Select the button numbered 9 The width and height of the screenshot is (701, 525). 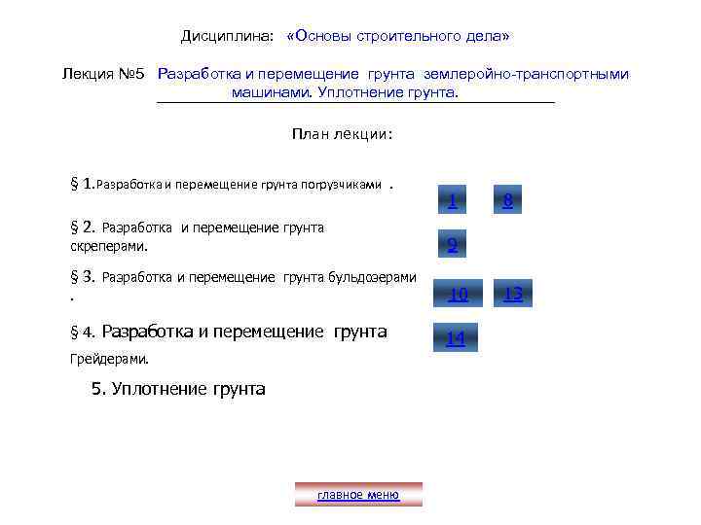tap(453, 246)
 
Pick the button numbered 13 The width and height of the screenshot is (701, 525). tap(513, 294)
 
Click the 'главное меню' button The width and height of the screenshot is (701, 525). tap(358, 495)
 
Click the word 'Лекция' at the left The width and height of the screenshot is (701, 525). tap(86, 74)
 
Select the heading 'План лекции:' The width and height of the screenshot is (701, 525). tap(342, 134)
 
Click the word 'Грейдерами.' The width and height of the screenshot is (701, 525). tap(110, 359)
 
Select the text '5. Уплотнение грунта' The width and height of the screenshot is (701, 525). tap(178, 389)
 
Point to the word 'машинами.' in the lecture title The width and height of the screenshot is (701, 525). tap(267, 92)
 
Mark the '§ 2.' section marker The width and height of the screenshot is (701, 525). tap(82, 228)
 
